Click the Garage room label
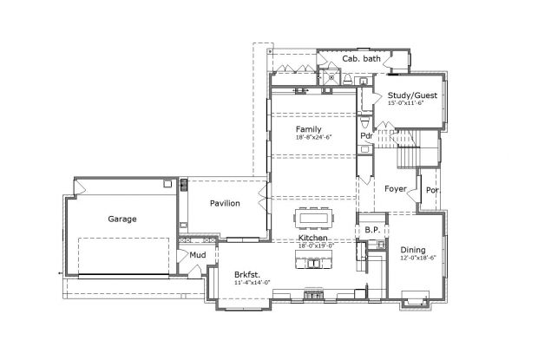(x=121, y=219)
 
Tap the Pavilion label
(x=224, y=203)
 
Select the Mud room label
(x=198, y=256)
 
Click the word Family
(x=308, y=129)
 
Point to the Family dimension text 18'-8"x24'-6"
(x=312, y=137)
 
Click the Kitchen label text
(x=312, y=238)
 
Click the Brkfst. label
(x=247, y=274)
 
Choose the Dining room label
(x=413, y=250)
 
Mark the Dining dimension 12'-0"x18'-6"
(x=417, y=258)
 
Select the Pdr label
(x=366, y=136)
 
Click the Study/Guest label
(x=412, y=95)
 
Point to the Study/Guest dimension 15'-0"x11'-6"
(x=412, y=103)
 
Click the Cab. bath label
(x=361, y=59)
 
